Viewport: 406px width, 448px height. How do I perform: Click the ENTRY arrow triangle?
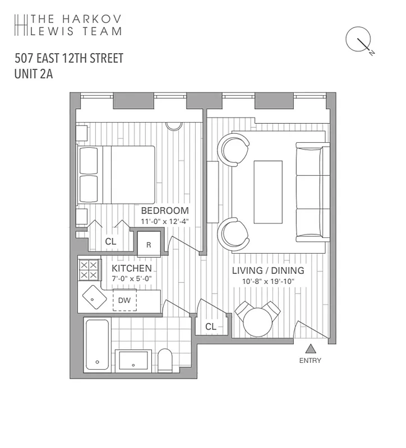[310, 348]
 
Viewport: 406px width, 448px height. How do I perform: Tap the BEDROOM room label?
[164, 211]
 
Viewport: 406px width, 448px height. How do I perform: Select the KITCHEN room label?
[132, 269]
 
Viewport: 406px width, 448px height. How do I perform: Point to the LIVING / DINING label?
[268, 271]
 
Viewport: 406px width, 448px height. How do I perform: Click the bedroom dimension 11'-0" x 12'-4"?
[165, 222]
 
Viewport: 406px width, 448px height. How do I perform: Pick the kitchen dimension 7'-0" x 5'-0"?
[132, 278]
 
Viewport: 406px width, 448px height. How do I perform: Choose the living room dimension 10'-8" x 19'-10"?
[269, 282]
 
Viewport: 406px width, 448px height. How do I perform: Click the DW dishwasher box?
[124, 301]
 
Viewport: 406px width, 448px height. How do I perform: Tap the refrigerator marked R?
[149, 245]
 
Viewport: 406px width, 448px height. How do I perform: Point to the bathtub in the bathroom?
[97, 344]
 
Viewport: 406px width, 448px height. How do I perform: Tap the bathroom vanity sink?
[133, 361]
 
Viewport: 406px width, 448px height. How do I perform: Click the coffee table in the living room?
[268, 192]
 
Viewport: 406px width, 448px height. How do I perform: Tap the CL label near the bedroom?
[110, 241]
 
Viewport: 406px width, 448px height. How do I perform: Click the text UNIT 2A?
[34, 74]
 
